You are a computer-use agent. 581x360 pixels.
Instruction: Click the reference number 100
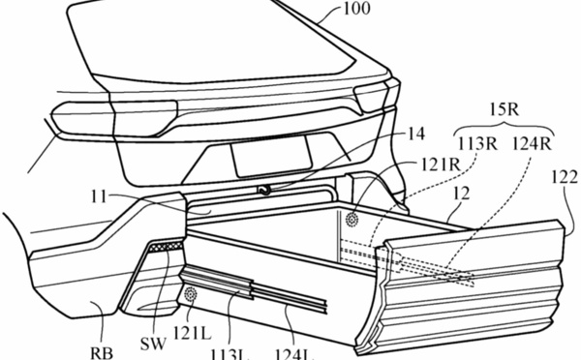pyautogui.click(x=356, y=9)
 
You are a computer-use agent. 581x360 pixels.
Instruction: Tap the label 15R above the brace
pyautogui.click(x=505, y=110)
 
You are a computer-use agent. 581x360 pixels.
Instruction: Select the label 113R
pyautogui.click(x=477, y=144)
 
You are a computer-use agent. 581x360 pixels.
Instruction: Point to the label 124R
pyautogui.click(x=532, y=144)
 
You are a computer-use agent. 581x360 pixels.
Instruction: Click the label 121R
pyautogui.click(x=440, y=165)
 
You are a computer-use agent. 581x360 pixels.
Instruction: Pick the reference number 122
pyautogui.click(x=565, y=178)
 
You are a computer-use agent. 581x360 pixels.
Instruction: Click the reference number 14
pyautogui.click(x=416, y=134)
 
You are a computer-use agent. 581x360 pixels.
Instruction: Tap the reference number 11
pyautogui.click(x=99, y=196)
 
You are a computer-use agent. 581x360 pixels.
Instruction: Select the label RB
pyautogui.click(x=102, y=353)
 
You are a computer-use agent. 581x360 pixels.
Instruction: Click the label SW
pyautogui.click(x=153, y=345)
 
